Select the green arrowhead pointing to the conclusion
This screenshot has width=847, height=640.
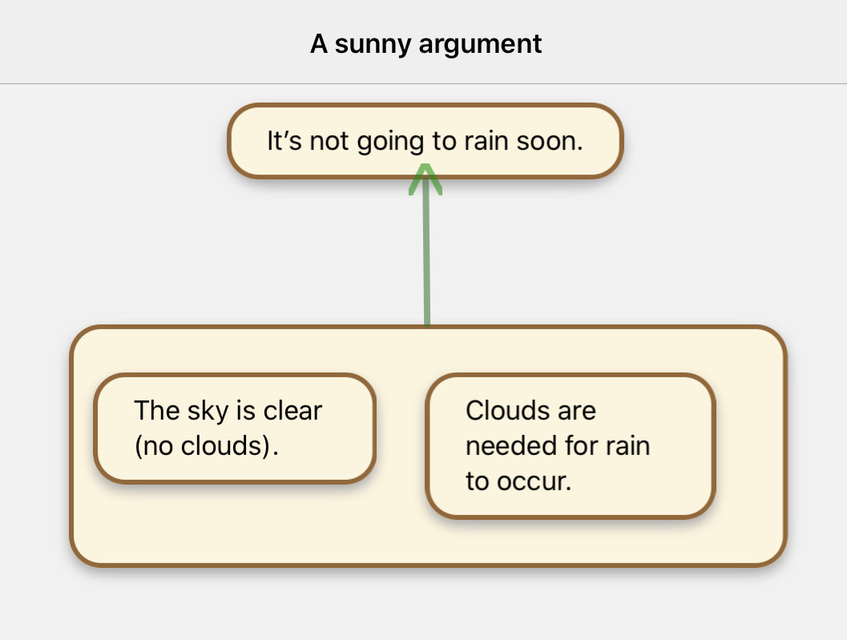click(426, 177)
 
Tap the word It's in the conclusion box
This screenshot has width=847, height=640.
click(284, 141)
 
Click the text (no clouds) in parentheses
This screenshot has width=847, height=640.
click(205, 445)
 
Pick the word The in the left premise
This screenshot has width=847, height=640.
click(155, 411)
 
